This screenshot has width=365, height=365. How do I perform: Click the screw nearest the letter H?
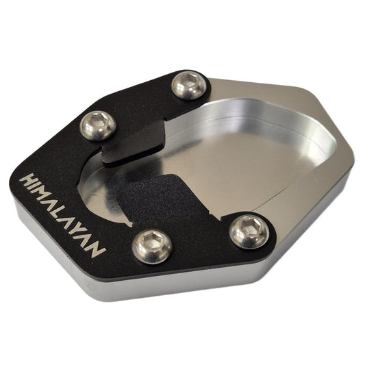pos(98,126)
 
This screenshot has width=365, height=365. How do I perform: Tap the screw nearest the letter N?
pos(152,247)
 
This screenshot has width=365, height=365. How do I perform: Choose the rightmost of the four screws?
pos(249,231)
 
